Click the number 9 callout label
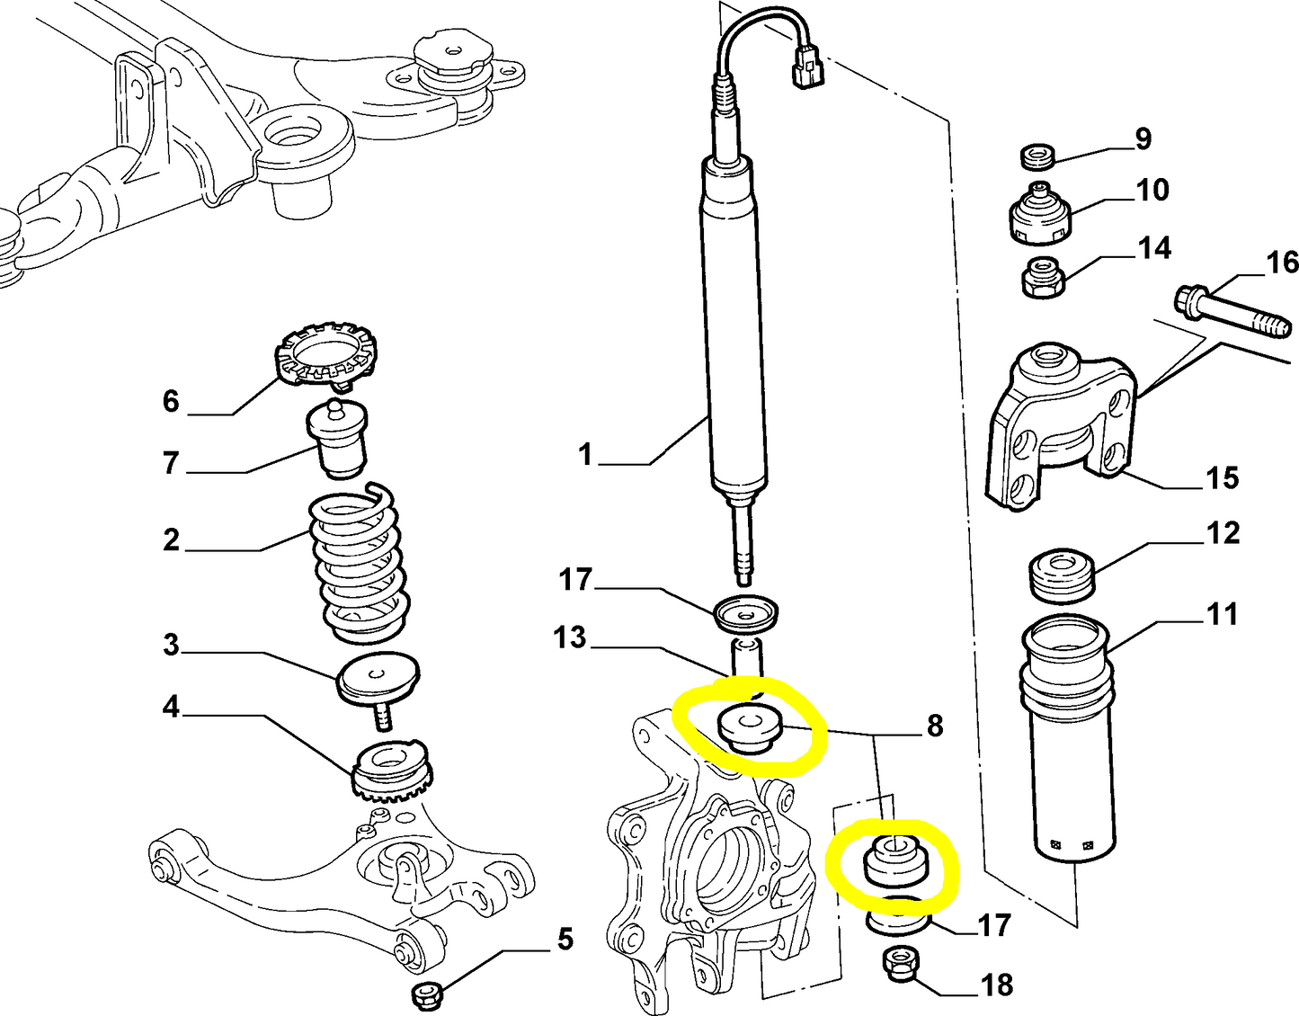pyautogui.click(x=1143, y=138)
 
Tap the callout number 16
pyautogui.click(x=1282, y=262)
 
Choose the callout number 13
pyautogui.click(x=570, y=637)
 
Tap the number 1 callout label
pyautogui.click(x=585, y=454)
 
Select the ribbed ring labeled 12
pyautogui.click(x=1063, y=575)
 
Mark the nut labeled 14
pyautogui.click(x=1043, y=278)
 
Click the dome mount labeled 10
pyautogui.click(x=1041, y=217)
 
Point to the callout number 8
pyautogui.click(x=935, y=725)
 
